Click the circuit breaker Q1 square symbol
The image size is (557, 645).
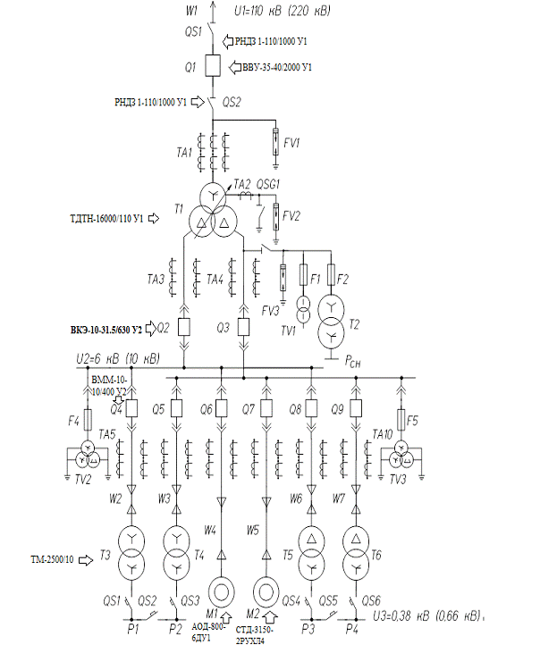pos(212,66)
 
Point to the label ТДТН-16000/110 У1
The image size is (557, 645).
pos(107,217)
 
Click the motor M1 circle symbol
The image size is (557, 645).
pos(220,591)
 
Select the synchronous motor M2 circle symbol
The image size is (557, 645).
pos(266,591)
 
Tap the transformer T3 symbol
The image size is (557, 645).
pos(131,554)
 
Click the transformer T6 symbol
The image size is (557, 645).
pos(357,554)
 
